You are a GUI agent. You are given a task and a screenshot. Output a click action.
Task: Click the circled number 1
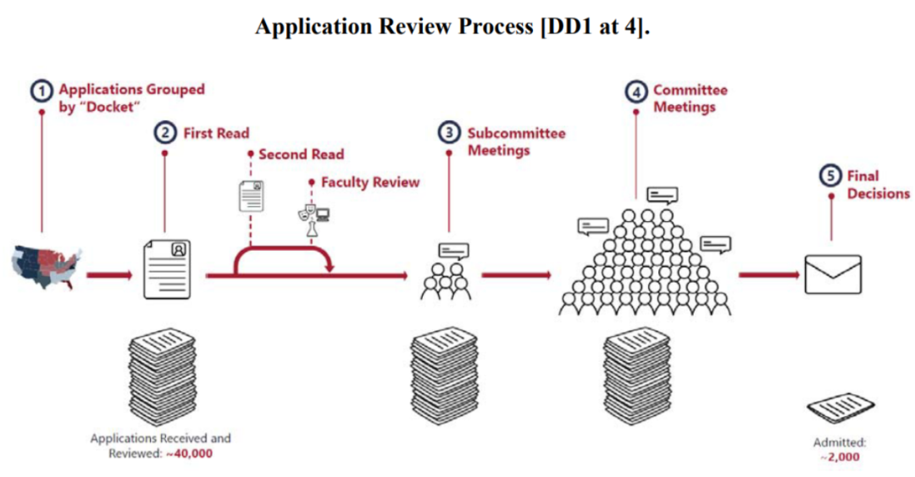pyautogui.click(x=41, y=92)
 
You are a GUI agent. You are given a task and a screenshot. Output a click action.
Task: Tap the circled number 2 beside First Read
pyautogui.click(x=165, y=132)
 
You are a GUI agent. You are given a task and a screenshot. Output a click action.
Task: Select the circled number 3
pyautogui.click(x=449, y=132)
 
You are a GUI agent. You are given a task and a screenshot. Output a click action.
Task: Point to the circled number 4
pyautogui.click(x=636, y=92)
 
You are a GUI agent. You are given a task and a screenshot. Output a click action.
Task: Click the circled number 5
pyautogui.click(x=830, y=175)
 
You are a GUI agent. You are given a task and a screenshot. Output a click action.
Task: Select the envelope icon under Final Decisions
pyautogui.click(x=833, y=275)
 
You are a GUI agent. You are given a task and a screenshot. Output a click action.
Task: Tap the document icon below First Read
pyautogui.click(x=167, y=269)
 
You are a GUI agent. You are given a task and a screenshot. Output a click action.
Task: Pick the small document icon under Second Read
pyautogui.click(x=251, y=196)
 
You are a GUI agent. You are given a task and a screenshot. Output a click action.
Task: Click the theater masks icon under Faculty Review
pyautogui.click(x=307, y=212)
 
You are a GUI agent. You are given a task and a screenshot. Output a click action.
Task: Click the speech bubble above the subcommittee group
pyautogui.click(x=453, y=251)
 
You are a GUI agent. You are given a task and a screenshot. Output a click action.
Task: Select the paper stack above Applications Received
pyautogui.click(x=162, y=377)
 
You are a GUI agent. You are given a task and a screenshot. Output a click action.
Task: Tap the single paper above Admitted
pyautogui.click(x=841, y=408)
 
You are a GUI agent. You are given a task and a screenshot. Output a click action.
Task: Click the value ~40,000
pyautogui.click(x=189, y=453)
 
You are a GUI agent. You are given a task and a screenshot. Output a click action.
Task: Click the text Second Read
pyautogui.click(x=301, y=154)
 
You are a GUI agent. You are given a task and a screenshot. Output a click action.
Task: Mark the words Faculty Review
pyautogui.click(x=370, y=182)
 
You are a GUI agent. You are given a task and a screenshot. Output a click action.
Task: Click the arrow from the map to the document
pyautogui.click(x=109, y=275)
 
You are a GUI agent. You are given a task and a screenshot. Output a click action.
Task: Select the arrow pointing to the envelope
pyautogui.click(x=768, y=275)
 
